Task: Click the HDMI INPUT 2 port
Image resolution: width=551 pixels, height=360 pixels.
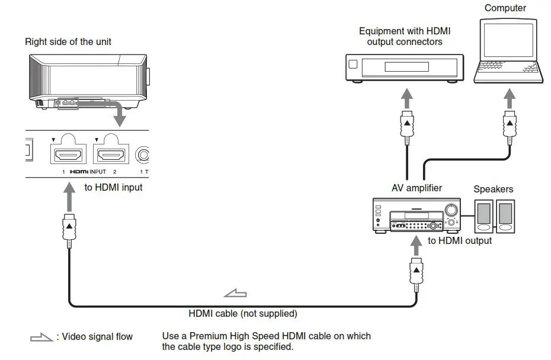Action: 110,155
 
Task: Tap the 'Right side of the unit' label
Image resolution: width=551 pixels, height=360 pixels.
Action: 68,42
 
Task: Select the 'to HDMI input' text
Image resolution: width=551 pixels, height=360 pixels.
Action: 114,188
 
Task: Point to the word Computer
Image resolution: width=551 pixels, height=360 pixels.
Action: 505,8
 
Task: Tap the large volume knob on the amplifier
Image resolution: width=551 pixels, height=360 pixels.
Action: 451,210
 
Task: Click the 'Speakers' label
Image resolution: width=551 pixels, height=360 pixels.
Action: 493,189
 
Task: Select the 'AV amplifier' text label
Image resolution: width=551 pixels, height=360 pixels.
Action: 417,188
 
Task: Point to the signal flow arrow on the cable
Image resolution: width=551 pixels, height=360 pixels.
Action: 235,292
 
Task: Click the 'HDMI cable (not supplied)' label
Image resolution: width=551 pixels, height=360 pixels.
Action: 243,313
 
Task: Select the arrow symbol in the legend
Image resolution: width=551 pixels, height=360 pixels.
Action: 41,337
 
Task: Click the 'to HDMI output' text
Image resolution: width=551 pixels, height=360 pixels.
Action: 460,240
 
